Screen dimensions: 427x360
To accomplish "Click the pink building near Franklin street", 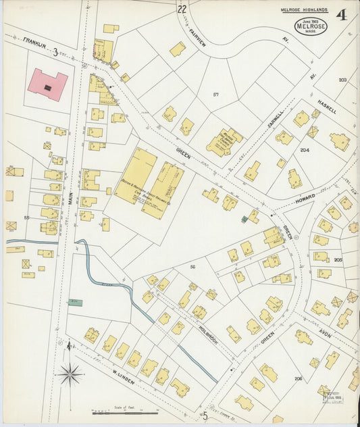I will tap(47, 85).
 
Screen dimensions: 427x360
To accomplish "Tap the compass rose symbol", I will tap(70, 372).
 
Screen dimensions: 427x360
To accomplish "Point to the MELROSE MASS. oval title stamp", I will tap(311, 26).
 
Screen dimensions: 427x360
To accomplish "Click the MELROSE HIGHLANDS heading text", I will tap(303, 10).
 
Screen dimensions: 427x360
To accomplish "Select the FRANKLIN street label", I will tap(34, 43).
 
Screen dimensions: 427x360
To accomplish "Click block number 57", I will tap(216, 94).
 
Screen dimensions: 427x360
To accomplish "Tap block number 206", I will tap(298, 378).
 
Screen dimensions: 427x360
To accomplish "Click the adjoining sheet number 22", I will tap(182, 9).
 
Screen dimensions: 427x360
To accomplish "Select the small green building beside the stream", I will tap(75, 302).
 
